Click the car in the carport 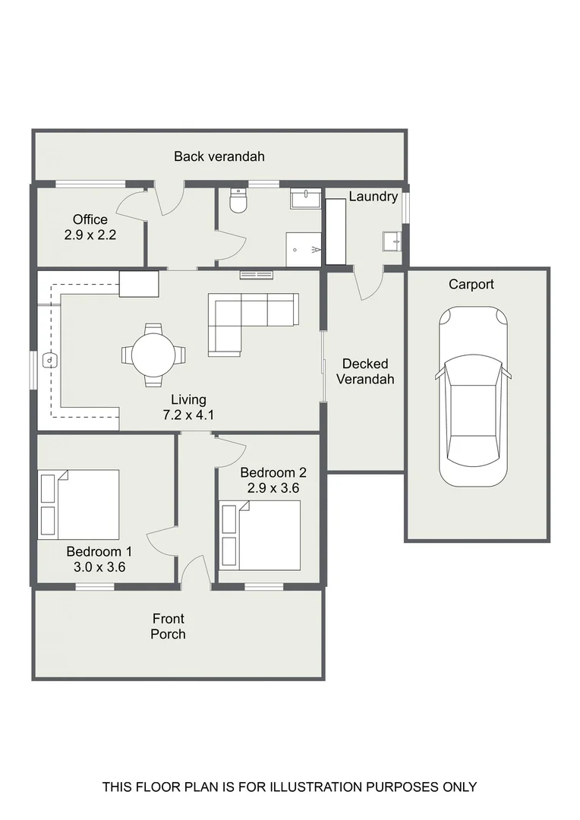coord(473,396)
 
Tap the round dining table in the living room coord(153,355)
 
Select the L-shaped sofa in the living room coord(253,324)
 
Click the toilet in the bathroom coord(238,200)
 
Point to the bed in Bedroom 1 coord(79,504)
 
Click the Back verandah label coord(219,156)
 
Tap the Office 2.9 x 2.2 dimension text coord(90,235)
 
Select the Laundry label coord(374,197)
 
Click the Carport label coord(471,285)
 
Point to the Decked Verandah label coord(365,371)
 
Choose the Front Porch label coord(169,626)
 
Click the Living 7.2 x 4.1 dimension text coord(188,415)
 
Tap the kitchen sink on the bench coord(49,361)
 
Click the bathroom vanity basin coord(306,199)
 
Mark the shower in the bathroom coord(304,250)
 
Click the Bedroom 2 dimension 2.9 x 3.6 coord(273,488)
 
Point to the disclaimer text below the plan coord(289,787)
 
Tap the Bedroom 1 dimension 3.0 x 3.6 coord(99,567)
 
